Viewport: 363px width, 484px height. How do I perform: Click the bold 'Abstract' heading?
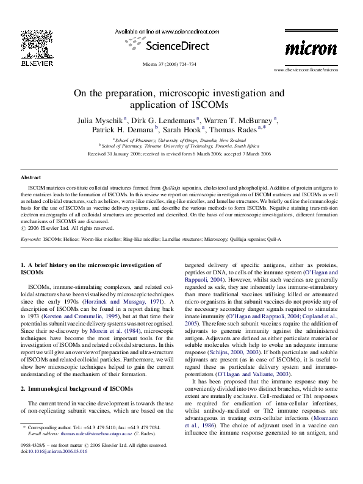31,177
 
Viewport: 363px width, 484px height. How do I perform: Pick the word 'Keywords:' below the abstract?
31,240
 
